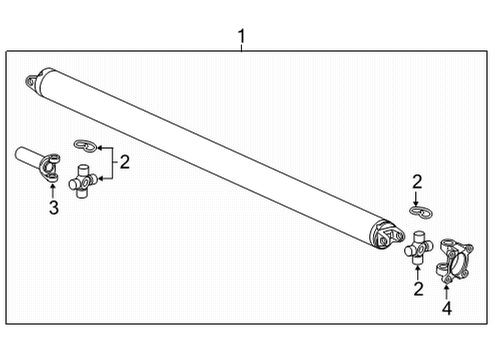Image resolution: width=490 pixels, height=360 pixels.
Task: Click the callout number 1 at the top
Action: (x=241, y=39)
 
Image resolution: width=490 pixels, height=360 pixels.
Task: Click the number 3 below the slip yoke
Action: (x=54, y=207)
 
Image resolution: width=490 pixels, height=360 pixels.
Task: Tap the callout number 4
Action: (x=446, y=309)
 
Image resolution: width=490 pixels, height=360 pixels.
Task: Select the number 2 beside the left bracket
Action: (x=125, y=162)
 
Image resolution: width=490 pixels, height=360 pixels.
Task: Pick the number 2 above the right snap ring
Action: (x=416, y=181)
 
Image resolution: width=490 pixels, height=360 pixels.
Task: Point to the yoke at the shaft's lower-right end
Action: (x=384, y=237)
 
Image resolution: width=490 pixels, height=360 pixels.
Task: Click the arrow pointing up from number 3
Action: (x=54, y=187)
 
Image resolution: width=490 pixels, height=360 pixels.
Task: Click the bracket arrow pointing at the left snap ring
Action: (x=101, y=148)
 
